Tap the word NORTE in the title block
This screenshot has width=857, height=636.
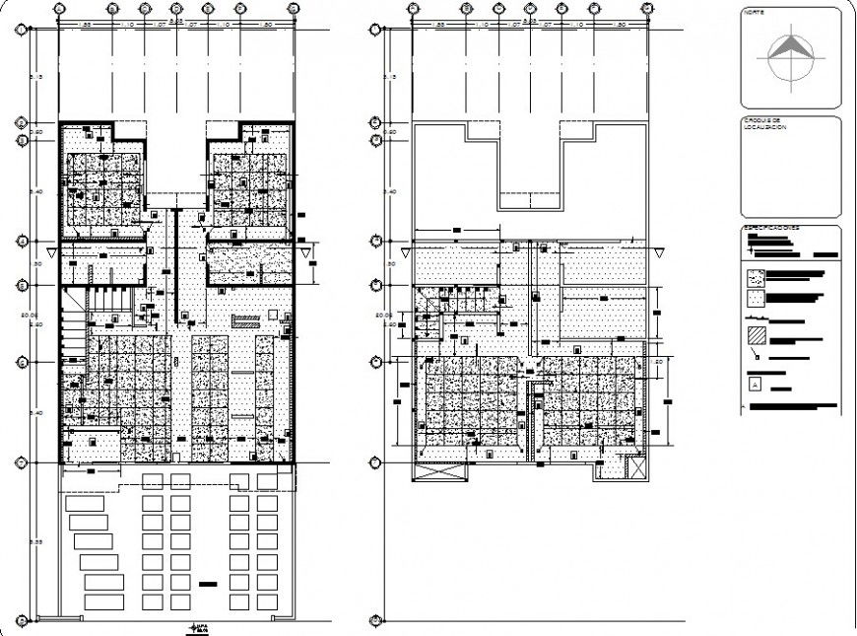tap(754, 13)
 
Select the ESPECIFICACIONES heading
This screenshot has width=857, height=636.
tap(772, 229)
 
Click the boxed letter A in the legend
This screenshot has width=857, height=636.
tap(755, 385)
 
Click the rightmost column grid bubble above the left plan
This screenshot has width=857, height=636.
tap(293, 8)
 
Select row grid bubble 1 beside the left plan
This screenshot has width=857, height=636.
tap(20, 31)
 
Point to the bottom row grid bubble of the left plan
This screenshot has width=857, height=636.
tap(20, 620)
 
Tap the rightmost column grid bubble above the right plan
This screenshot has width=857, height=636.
tap(646, 8)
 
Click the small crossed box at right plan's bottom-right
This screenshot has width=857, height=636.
tap(634, 468)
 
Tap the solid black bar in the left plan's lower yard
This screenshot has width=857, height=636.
tap(208, 585)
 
